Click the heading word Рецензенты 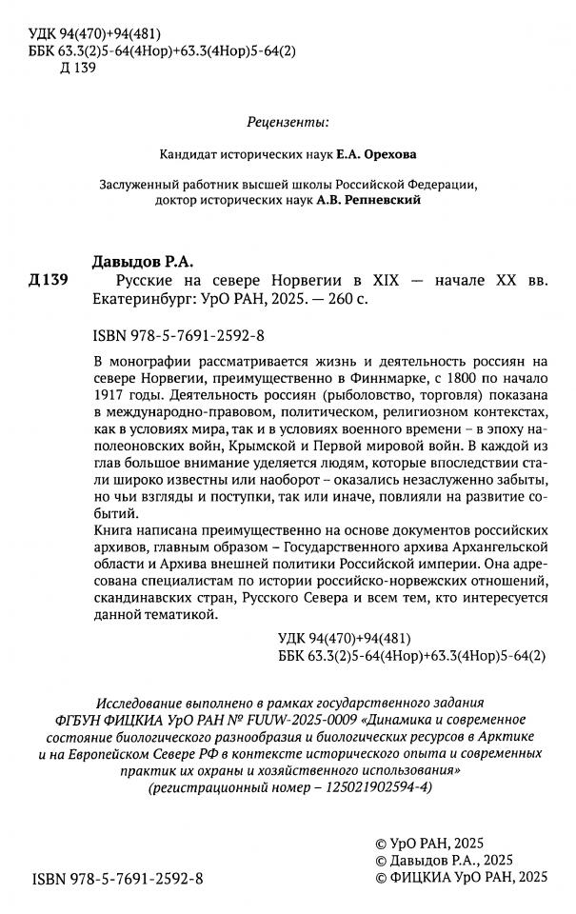[288, 122]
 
